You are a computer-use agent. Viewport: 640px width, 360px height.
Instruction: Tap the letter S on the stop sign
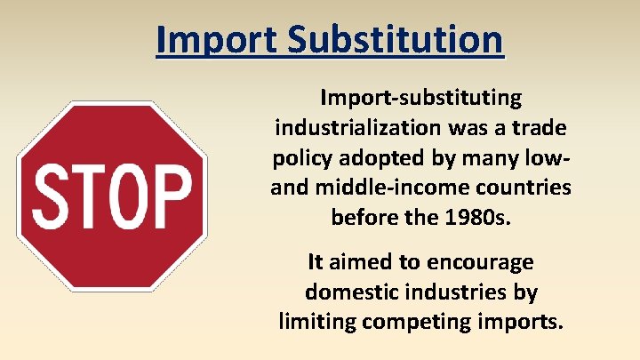pos(52,196)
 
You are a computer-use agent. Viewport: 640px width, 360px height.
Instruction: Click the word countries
pos(524,188)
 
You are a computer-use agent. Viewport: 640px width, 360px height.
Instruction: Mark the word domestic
pos(349,292)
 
